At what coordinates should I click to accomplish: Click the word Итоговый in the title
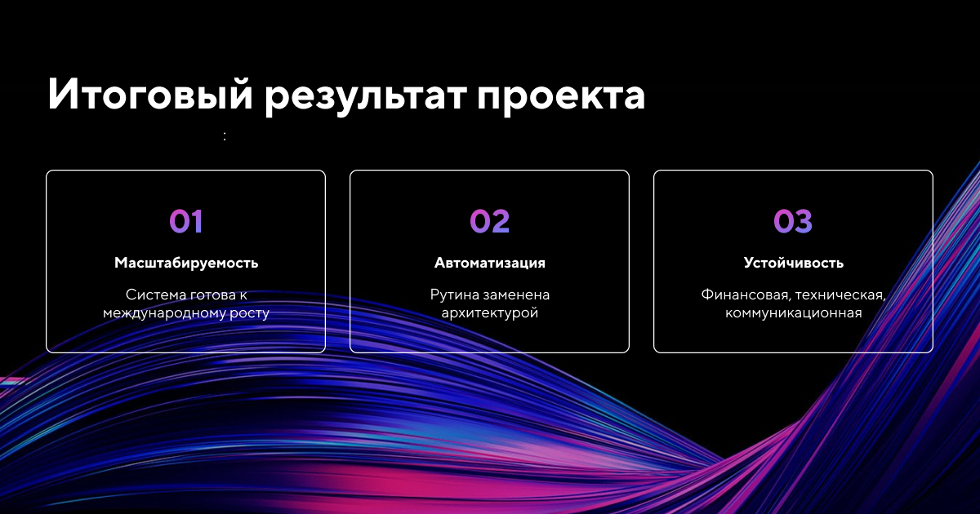[x=150, y=93]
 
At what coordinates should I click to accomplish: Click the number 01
[x=186, y=221]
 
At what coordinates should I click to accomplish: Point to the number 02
[x=489, y=221]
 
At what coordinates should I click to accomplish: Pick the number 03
[x=793, y=221]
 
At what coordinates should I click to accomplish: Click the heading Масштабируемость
[x=186, y=263]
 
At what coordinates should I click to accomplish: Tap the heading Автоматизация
[x=489, y=263]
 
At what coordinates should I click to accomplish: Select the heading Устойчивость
[x=794, y=262]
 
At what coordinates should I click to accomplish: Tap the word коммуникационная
[x=794, y=313]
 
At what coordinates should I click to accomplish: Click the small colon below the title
[x=225, y=136]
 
